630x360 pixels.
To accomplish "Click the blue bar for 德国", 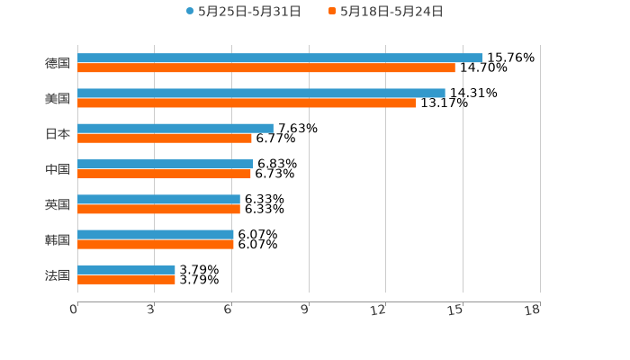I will pyautogui.click(x=280, y=58).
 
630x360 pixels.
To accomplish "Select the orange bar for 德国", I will pyautogui.click(x=266, y=67).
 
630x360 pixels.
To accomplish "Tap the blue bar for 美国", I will pyautogui.click(x=261, y=93).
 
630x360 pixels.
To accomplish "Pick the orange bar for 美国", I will pyautogui.click(x=247, y=103).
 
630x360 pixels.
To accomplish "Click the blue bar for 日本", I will pyautogui.click(x=175, y=128).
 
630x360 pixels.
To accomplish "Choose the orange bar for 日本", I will pyautogui.click(x=165, y=138).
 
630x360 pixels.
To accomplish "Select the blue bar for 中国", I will pyautogui.click(x=166, y=164).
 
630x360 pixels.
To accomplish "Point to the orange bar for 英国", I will pyautogui.click(x=158, y=209).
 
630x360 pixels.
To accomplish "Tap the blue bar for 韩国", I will pyautogui.click(x=156, y=234).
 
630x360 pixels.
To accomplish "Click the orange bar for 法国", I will pyautogui.click(x=126, y=279).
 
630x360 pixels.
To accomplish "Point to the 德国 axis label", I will pyautogui.click(x=58, y=63).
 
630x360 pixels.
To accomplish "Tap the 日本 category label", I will pyautogui.click(x=58, y=133).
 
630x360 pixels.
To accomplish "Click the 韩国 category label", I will pyautogui.click(x=58, y=239).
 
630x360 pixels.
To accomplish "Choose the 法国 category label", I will pyautogui.click(x=58, y=274).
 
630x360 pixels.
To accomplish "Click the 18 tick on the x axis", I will pyautogui.click(x=533, y=310).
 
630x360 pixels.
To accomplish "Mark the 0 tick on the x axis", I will pyautogui.click(x=74, y=310).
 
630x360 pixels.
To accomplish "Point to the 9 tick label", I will pyautogui.click(x=305, y=310).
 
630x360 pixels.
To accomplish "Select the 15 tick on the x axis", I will pyautogui.click(x=455, y=310).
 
